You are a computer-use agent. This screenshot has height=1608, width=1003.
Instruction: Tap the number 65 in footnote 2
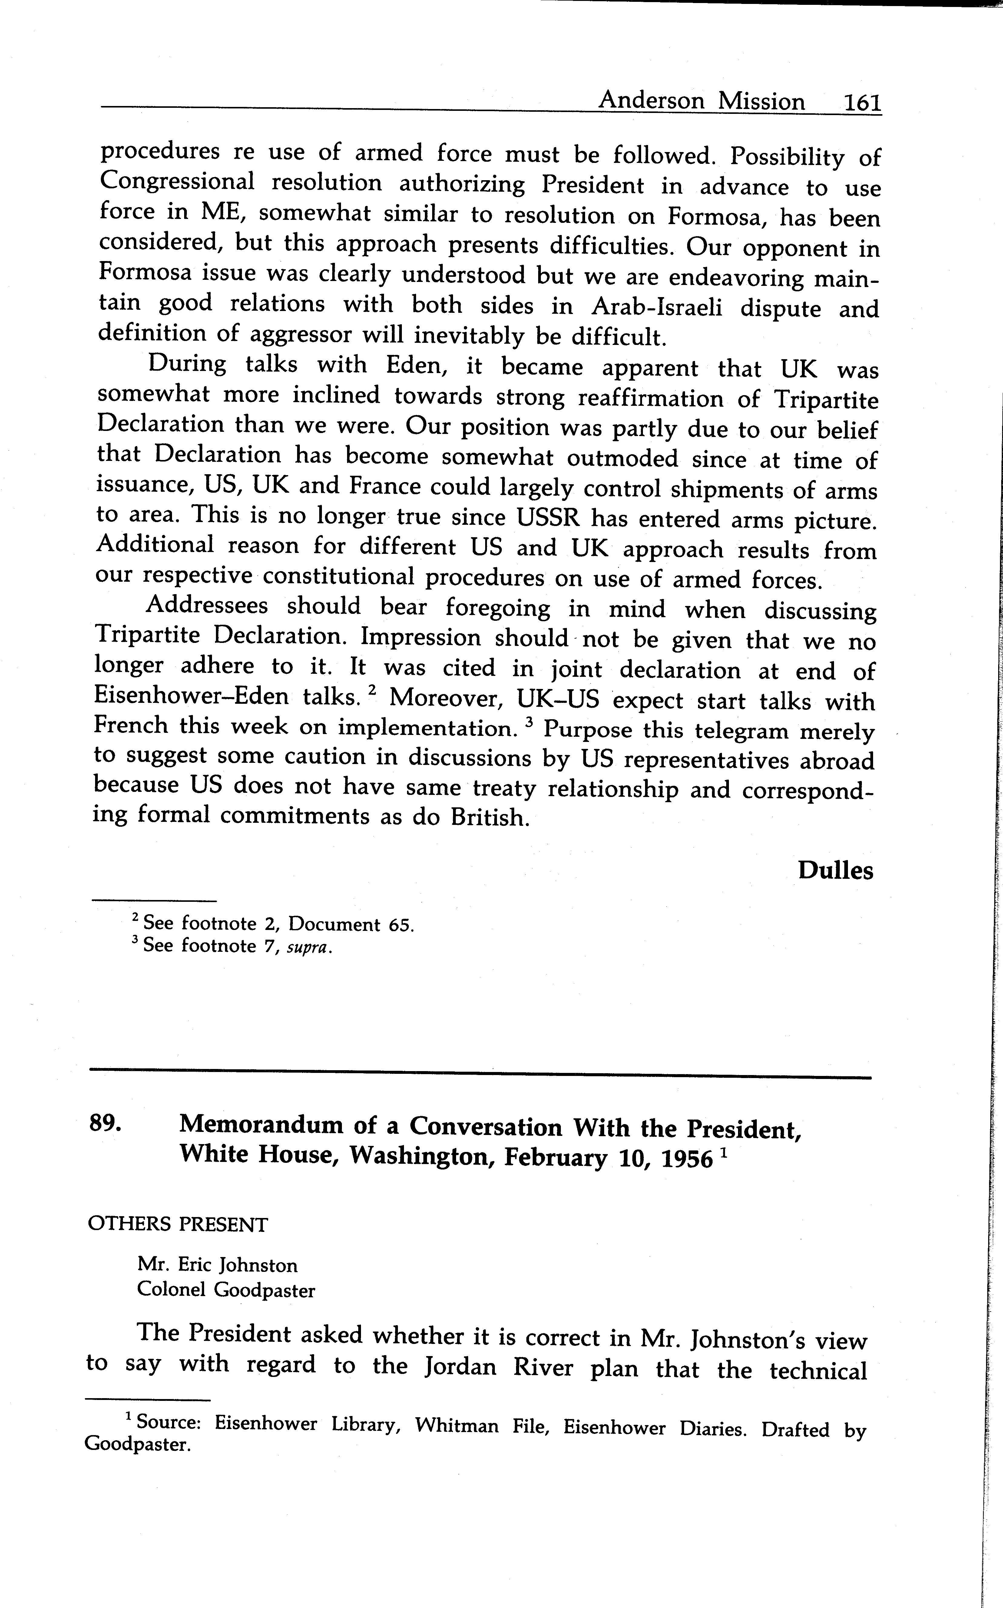click(401, 925)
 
